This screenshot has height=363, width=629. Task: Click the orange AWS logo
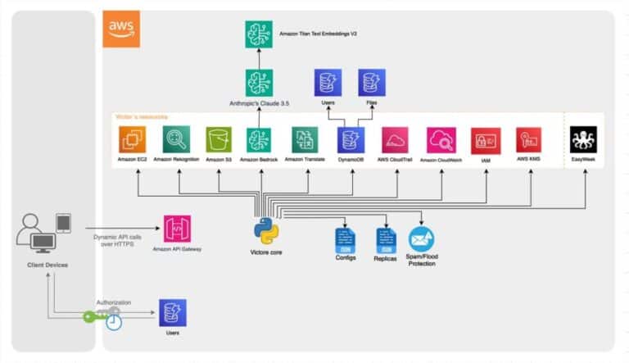coord(120,29)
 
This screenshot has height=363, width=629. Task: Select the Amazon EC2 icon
coord(131,140)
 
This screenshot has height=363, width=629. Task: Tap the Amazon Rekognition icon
coord(175,140)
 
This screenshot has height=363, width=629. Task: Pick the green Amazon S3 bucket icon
coord(219,140)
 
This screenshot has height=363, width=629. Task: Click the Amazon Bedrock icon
coord(259,140)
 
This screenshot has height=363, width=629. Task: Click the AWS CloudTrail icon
coord(396,140)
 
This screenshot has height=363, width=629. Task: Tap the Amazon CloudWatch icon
coord(441,140)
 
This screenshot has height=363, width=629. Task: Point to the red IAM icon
coord(486,140)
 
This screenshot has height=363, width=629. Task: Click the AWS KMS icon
coord(528,140)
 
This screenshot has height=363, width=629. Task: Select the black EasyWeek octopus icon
coord(584,140)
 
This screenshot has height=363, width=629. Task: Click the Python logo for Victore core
coord(266,232)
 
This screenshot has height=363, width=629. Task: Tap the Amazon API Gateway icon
coord(178,229)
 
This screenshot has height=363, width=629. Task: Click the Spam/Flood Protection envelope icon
coord(422,238)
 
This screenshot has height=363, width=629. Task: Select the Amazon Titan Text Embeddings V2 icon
coord(259,34)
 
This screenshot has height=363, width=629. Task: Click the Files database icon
coord(372,83)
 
